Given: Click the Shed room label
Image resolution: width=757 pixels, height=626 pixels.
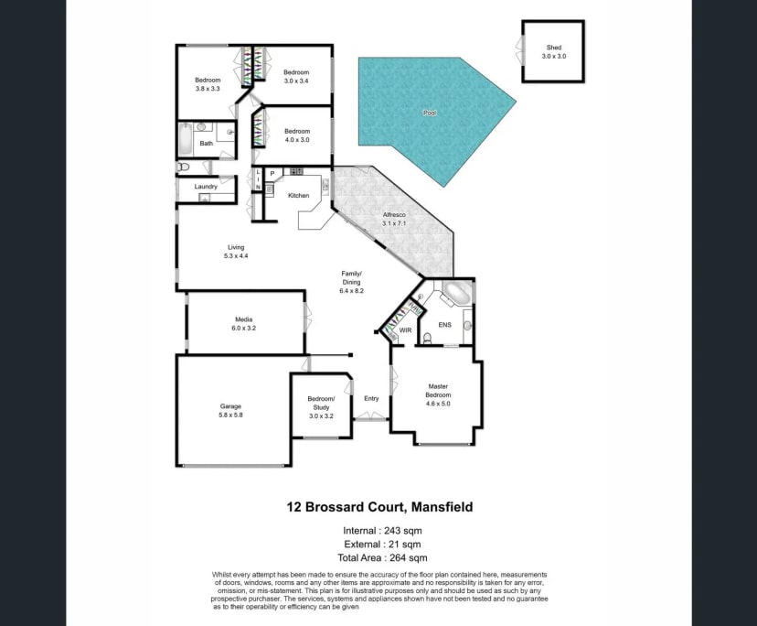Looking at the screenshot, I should pyautogui.click(x=554, y=51).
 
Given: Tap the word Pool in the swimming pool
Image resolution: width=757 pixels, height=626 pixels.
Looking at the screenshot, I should pyautogui.click(x=430, y=113).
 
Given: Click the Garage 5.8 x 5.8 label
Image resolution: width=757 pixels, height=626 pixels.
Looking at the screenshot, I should pyautogui.click(x=230, y=410).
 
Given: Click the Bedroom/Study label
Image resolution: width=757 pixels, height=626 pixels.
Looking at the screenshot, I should pyautogui.click(x=321, y=403).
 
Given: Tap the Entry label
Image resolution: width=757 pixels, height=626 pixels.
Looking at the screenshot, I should pyautogui.click(x=371, y=398).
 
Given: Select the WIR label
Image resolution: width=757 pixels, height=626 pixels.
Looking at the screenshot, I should pyautogui.click(x=406, y=329).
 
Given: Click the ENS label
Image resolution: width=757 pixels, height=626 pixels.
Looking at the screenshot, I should pyautogui.click(x=445, y=325).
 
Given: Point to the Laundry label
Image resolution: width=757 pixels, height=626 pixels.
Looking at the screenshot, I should pyautogui.click(x=206, y=187).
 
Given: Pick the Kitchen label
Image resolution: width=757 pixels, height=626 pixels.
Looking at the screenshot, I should pyautogui.click(x=299, y=196).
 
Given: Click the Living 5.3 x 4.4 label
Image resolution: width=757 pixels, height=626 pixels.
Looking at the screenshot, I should pyautogui.click(x=236, y=252).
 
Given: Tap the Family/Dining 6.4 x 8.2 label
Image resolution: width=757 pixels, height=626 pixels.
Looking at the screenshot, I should pyautogui.click(x=352, y=282).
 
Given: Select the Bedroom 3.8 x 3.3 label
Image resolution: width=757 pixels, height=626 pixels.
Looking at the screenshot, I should pyautogui.click(x=208, y=84).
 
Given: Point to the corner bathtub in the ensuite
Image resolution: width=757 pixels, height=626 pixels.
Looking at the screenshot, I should pyautogui.click(x=454, y=296).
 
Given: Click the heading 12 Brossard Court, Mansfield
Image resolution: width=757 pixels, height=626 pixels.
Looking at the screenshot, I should pyautogui.click(x=378, y=506).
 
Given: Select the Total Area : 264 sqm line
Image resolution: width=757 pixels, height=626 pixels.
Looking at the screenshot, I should pyautogui.click(x=382, y=557).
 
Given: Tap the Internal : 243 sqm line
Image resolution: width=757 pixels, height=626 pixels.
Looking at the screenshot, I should pyautogui.click(x=382, y=530).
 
